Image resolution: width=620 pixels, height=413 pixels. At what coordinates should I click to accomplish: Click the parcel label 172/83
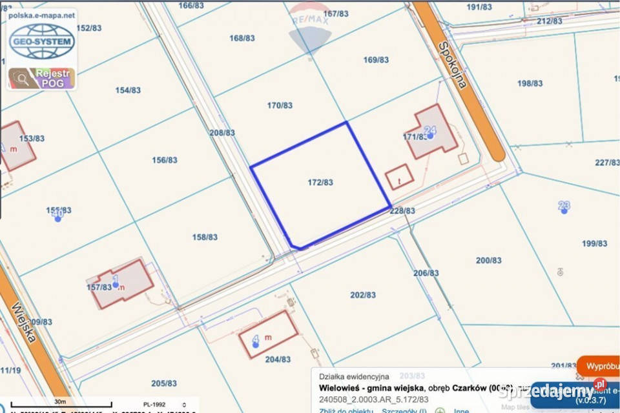[x=320, y=183]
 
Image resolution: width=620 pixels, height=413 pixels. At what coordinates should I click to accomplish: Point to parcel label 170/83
[x=280, y=105]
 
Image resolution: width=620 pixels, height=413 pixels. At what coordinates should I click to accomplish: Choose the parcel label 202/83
[x=363, y=295]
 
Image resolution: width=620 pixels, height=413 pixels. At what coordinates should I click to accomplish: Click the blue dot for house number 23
[x=564, y=210]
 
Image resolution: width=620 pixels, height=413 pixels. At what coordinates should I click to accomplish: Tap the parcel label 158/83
[x=205, y=237]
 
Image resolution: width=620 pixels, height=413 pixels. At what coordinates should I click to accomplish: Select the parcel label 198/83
[x=530, y=83]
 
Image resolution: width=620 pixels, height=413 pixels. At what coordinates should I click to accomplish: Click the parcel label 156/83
[x=164, y=160]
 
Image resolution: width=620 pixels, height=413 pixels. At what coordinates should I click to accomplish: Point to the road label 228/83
[x=402, y=210]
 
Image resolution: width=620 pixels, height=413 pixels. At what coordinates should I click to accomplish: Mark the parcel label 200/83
[x=489, y=260]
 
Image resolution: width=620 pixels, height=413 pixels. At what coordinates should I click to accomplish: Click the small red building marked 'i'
[x=398, y=176]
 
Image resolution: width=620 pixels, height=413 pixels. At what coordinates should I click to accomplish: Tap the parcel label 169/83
[x=376, y=60]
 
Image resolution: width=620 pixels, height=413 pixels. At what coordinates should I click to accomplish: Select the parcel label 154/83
[x=128, y=90]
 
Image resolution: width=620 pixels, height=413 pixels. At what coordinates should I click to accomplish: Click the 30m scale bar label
[x=61, y=401]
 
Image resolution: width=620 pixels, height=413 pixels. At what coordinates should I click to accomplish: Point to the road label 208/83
[x=222, y=132]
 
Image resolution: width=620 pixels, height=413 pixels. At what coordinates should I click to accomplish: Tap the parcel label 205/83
[x=164, y=383]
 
